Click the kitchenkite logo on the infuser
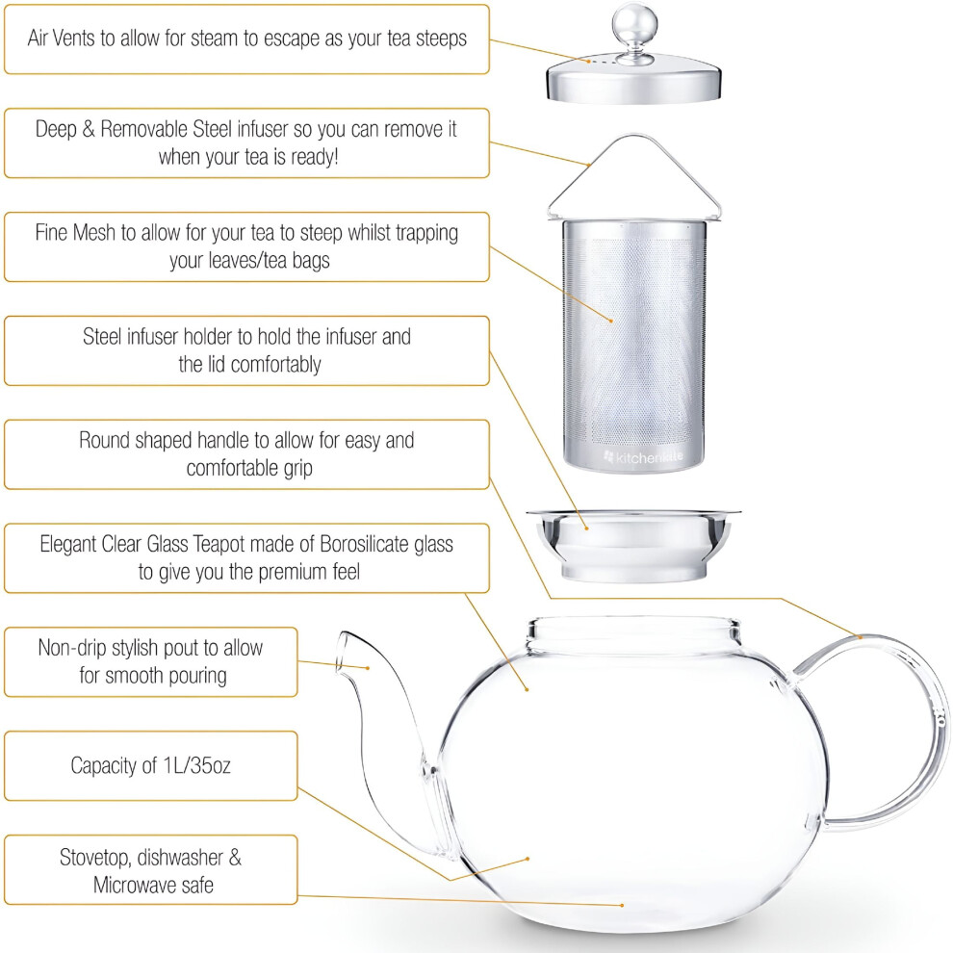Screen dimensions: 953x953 click(644, 457)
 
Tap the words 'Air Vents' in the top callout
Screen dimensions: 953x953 click(62, 39)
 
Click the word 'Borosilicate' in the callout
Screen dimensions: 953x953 click(364, 544)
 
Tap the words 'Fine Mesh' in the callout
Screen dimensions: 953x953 click(75, 233)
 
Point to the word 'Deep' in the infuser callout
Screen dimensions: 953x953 click(55, 129)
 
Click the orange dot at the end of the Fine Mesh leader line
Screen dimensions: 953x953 click(611, 321)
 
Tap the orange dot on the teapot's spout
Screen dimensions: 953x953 click(368, 668)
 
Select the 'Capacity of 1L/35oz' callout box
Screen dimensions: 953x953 click(151, 766)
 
